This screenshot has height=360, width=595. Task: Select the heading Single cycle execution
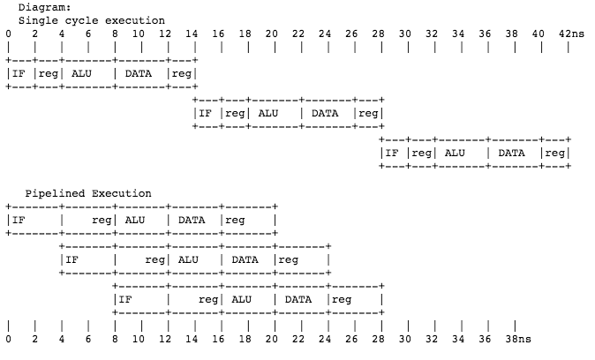(x=91, y=19)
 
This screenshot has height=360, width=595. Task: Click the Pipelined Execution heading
(x=88, y=193)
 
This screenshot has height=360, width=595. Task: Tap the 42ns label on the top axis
(x=572, y=34)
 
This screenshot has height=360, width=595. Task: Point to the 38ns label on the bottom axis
(x=519, y=338)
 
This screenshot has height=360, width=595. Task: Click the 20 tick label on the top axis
(x=272, y=34)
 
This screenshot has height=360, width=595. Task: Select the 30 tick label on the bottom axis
(x=405, y=338)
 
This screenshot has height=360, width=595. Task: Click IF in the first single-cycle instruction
(x=19, y=73)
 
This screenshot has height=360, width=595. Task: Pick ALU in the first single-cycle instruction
(x=80, y=73)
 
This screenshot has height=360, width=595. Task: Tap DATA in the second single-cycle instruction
(x=325, y=113)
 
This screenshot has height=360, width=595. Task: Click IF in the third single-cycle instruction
(x=393, y=153)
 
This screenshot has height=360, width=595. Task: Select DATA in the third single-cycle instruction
(x=512, y=153)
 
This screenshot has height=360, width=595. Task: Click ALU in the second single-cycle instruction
(x=267, y=113)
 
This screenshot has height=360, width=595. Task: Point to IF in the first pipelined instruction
(x=19, y=220)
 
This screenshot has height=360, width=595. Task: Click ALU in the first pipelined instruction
(x=134, y=220)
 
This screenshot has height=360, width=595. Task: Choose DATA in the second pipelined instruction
(x=245, y=259)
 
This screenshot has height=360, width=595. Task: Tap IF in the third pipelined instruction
(x=126, y=299)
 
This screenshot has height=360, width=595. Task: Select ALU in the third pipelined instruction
(x=241, y=299)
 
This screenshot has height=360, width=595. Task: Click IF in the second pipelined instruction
(x=72, y=259)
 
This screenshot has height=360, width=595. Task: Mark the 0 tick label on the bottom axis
(x=8, y=338)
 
